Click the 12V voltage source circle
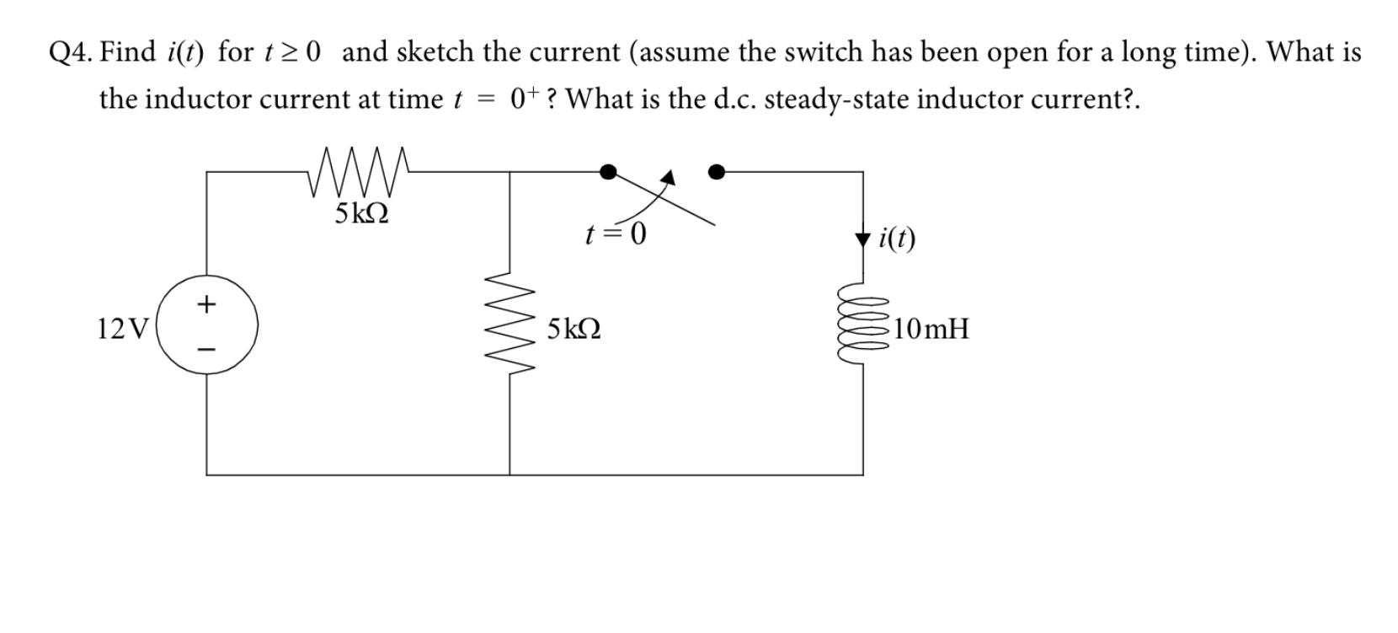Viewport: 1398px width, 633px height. tap(207, 325)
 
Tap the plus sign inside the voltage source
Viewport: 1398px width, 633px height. tap(206, 303)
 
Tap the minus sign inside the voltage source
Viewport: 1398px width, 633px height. tap(207, 347)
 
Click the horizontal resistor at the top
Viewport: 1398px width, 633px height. tap(360, 171)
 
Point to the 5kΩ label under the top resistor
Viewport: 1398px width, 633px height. tap(361, 214)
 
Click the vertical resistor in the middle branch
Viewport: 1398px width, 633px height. tap(510, 325)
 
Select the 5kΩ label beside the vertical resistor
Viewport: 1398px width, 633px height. tap(574, 328)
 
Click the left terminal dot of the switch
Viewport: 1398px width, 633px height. tap(607, 172)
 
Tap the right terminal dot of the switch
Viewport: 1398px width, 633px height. tap(716, 172)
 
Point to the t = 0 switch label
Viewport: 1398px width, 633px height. tap(616, 233)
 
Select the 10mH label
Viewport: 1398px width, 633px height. tap(931, 328)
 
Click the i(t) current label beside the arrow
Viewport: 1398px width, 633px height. tap(896, 239)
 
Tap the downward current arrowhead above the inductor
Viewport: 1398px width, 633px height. tap(862, 240)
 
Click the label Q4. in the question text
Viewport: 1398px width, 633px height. tap(71, 52)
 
